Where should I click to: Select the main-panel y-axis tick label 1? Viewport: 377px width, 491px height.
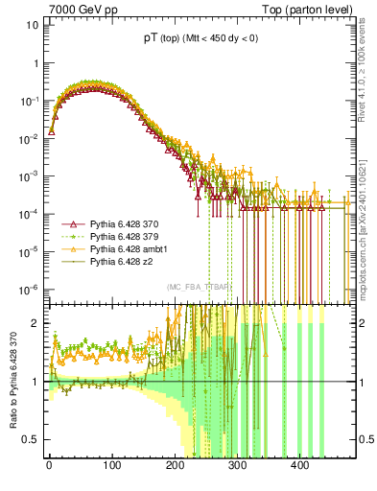point(34,62)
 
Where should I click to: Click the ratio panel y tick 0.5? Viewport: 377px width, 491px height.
point(29,440)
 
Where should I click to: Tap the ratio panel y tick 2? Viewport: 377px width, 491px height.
point(34,323)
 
